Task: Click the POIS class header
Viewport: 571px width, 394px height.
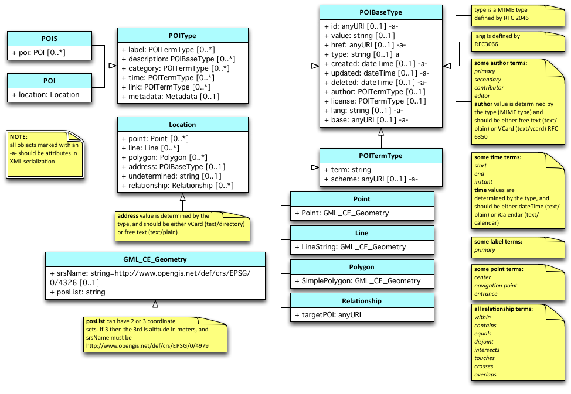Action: [50, 39]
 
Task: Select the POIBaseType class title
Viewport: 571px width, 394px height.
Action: [380, 12]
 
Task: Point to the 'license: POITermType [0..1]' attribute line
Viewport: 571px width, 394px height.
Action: [375, 101]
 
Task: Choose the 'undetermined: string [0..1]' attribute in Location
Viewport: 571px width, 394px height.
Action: [171, 176]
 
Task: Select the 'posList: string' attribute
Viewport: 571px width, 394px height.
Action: [80, 292]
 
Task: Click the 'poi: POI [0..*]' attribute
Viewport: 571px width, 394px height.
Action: [39, 53]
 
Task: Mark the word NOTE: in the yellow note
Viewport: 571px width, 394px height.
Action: [19, 136]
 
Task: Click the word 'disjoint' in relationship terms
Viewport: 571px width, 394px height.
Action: [484, 341]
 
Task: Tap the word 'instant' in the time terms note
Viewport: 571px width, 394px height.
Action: [483, 181]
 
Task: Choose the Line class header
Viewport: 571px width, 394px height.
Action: [362, 233]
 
